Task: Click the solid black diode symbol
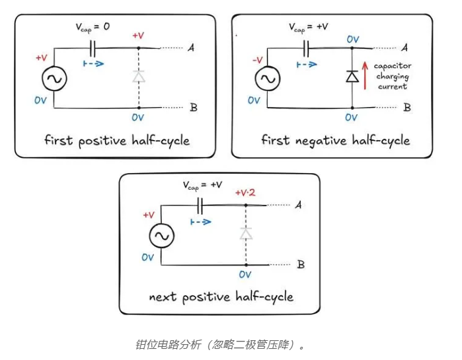(353, 77)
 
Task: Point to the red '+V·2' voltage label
(247, 194)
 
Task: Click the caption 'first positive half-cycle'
(116, 141)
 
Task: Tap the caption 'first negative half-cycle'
(335, 141)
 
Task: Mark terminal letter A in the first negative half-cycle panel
(404, 48)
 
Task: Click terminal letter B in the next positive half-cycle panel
(301, 265)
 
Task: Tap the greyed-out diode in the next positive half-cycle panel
(246, 233)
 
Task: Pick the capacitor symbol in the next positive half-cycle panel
(202, 204)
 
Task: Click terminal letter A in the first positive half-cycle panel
(191, 48)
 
